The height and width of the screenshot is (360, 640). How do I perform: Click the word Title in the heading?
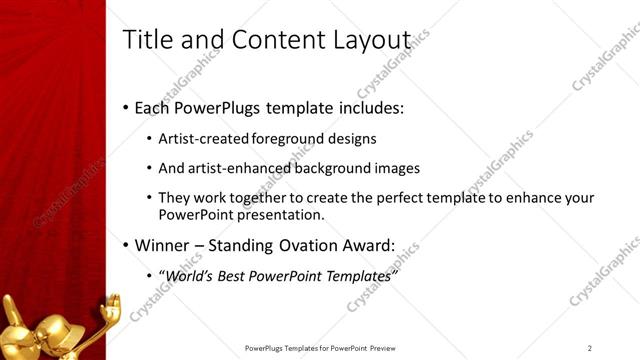click(x=146, y=39)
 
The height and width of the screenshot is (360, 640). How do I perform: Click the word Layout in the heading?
click(x=371, y=39)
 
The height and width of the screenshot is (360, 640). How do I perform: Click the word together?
click(x=253, y=199)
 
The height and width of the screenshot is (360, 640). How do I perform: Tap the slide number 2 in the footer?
click(x=590, y=347)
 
